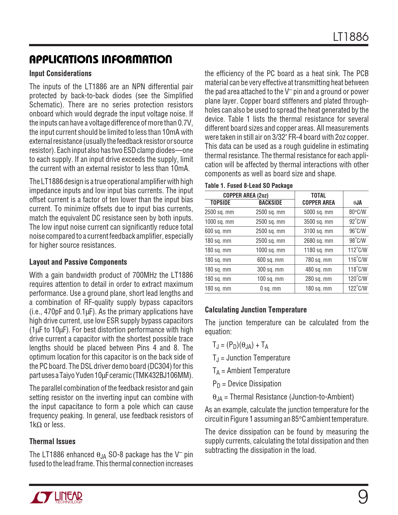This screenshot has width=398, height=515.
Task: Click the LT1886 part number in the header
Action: click(351, 37)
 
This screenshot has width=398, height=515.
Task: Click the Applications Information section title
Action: click(101, 59)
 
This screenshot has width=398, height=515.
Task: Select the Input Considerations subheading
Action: click(60, 74)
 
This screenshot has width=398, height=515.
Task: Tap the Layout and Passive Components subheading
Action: click(78, 262)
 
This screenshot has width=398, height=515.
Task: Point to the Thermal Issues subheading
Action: click(52, 442)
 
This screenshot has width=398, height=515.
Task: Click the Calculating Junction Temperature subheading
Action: click(256, 310)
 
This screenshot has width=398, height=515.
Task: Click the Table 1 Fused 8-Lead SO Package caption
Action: click(248, 186)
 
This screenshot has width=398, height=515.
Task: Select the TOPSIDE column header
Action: click(220, 203)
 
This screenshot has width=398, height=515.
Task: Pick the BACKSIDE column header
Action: click(270, 203)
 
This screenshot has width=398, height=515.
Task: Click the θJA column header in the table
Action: click(357, 203)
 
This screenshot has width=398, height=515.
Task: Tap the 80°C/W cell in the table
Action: click(357, 212)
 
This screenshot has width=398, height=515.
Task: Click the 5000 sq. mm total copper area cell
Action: click(318, 212)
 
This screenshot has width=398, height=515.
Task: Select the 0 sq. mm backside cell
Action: click(270, 289)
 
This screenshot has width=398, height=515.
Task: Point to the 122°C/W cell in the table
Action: click(357, 289)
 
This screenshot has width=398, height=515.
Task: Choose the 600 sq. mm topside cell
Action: click(218, 231)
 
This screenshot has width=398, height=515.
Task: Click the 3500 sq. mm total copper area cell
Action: click(318, 222)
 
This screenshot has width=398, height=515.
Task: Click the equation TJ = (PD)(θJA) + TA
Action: click(240, 345)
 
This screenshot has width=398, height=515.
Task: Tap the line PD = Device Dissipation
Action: click(247, 384)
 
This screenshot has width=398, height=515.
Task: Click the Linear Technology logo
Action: click(57, 497)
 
